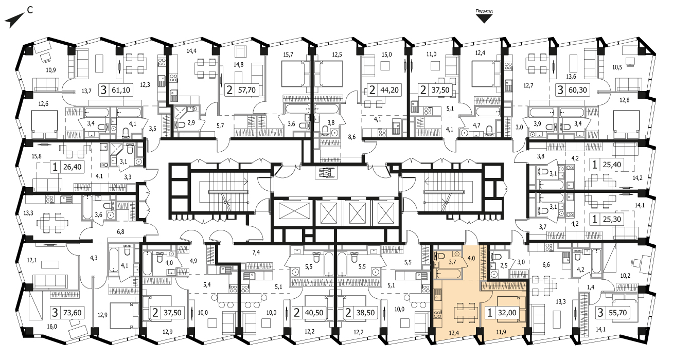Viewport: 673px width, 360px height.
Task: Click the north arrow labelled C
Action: (x=14, y=21)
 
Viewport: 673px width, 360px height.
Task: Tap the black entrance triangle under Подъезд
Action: (x=484, y=19)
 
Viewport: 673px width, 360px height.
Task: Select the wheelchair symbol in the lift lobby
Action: (x=326, y=173)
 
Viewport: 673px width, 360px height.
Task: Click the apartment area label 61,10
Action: (x=121, y=90)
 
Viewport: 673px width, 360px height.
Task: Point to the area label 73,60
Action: (x=72, y=313)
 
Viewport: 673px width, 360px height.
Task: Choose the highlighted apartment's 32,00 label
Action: (x=507, y=313)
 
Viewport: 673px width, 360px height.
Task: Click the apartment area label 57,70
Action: (x=246, y=90)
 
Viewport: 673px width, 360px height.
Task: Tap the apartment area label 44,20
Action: (x=389, y=90)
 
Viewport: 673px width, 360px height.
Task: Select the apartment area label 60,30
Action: (x=577, y=90)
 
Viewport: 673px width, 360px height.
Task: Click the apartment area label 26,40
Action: (x=73, y=167)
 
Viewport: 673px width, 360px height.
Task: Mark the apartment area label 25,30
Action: (x=612, y=220)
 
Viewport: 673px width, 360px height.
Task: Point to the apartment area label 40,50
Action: (x=314, y=313)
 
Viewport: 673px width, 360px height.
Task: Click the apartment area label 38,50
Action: (x=365, y=313)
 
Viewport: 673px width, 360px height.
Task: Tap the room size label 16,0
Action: (x=51, y=327)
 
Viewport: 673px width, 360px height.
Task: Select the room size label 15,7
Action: (x=288, y=55)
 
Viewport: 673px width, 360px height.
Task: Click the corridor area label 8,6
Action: (x=352, y=137)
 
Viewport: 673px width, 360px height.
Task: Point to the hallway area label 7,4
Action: (x=256, y=253)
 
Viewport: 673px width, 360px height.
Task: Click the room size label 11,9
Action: (x=501, y=332)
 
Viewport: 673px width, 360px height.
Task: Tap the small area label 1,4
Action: (x=591, y=287)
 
